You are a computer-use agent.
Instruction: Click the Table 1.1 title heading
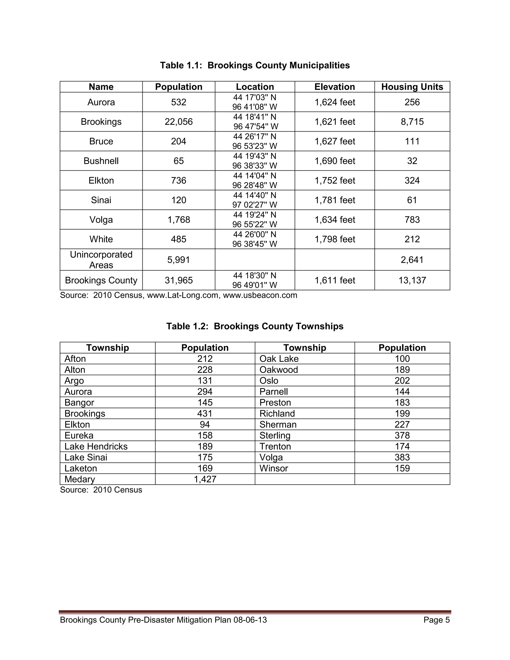(x=255, y=65)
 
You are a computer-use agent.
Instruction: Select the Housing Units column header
(x=412, y=87)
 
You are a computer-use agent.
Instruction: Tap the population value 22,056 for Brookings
(x=179, y=122)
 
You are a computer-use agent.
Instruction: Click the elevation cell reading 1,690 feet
(x=334, y=161)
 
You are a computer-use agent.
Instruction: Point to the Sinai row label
(x=101, y=200)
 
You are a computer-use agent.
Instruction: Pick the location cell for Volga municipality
(x=255, y=220)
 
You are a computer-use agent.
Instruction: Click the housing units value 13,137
(x=412, y=280)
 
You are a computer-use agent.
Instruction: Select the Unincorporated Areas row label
(x=101, y=260)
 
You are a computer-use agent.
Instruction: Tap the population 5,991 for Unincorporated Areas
(x=179, y=260)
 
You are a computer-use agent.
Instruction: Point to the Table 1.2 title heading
(x=255, y=326)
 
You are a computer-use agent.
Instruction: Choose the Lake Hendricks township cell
(x=96, y=446)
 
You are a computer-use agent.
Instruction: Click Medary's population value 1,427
(x=205, y=479)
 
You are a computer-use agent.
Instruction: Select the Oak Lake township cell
(x=279, y=359)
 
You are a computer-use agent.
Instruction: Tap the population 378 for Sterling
(x=402, y=435)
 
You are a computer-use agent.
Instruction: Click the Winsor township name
(x=273, y=468)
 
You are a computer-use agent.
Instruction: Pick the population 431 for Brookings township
(x=205, y=413)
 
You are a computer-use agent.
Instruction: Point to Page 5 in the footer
(x=436, y=620)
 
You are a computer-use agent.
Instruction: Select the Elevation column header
(x=334, y=87)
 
